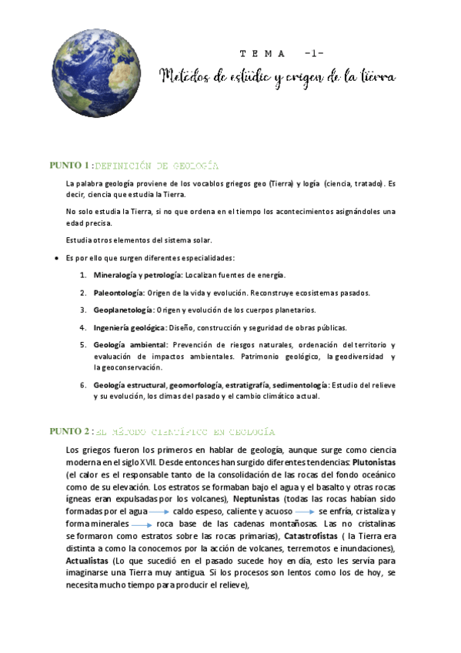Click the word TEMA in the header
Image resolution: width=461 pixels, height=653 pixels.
[x=262, y=53]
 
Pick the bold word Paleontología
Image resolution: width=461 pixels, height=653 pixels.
[x=119, y=293]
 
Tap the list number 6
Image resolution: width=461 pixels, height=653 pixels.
[x=82, y=384]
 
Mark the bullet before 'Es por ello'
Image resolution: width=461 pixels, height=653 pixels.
[x=57, y=258]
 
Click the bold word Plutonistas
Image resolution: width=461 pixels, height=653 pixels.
[x=375, y=463]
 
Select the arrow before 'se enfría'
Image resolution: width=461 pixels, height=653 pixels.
[x=303, y=511]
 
